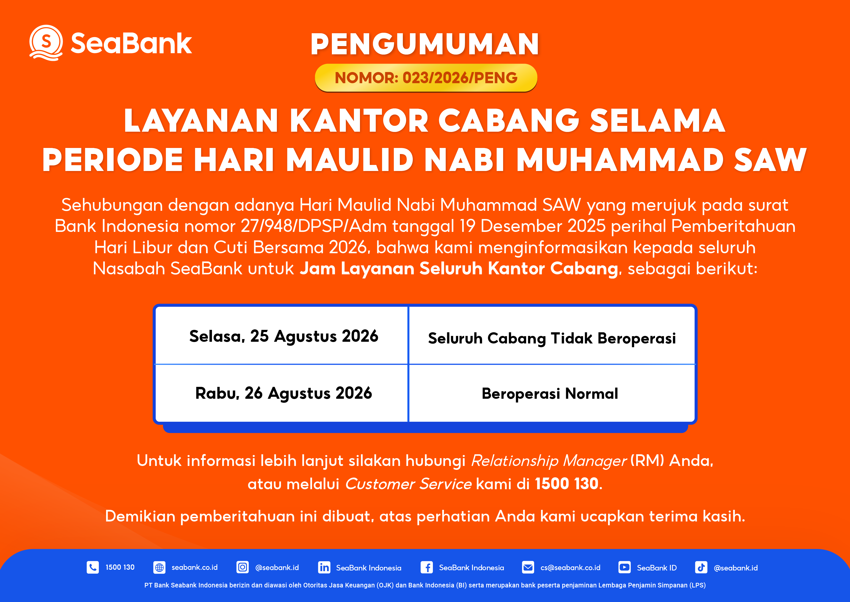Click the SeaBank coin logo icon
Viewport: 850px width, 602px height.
46,43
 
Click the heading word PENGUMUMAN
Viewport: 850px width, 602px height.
425,44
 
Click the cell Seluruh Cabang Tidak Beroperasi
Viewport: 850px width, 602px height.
552,335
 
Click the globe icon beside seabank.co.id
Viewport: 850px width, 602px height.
159,567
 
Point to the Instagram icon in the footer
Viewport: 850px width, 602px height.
242,567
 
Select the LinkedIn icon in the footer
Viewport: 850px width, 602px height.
324,567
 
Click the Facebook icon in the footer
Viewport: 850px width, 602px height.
427,567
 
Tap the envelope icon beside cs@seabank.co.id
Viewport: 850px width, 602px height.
528,567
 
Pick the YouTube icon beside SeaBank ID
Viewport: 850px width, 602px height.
624,567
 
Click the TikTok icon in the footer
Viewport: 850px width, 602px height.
701,567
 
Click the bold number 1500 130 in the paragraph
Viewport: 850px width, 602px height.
566,483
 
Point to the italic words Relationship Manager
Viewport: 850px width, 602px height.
549,461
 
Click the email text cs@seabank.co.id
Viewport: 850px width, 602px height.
570,568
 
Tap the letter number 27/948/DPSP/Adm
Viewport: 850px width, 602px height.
313,226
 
